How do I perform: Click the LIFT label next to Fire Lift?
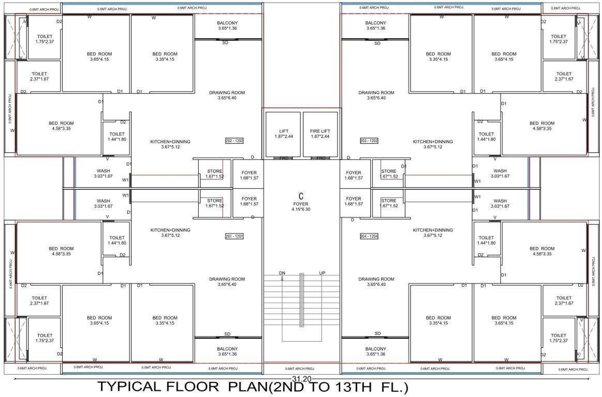(283, 131)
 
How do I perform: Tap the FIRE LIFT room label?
(320, 131)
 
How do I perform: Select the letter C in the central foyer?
(300, 196)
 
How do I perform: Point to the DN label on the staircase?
(282, 273)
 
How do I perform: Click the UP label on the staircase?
(322, 273)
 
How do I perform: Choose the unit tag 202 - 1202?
(234, 141)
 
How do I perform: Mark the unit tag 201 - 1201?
(234, 236)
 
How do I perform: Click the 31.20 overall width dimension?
(301, 379)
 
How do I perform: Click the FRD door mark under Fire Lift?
(321, 158)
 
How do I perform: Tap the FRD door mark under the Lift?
(283, 158)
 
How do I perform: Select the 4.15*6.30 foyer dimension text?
(300, 210)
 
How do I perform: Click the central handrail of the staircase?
(301, 300)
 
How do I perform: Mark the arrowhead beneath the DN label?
(282, 279)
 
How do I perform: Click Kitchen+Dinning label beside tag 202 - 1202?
(170, 142)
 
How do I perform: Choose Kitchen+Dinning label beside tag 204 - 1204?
(432, 230)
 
